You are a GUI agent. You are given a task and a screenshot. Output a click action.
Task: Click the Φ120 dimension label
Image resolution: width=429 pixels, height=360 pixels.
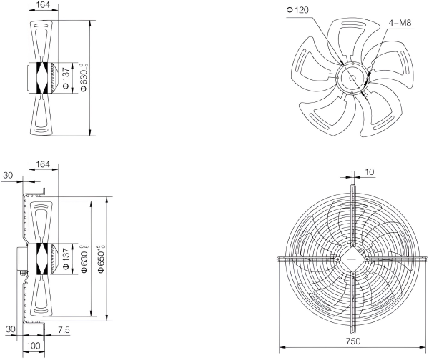(297, 10)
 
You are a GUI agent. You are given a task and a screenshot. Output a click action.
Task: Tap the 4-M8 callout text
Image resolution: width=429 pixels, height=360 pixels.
(400, 23)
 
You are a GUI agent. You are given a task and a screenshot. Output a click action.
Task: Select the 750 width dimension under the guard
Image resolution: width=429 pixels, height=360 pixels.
(353, 341)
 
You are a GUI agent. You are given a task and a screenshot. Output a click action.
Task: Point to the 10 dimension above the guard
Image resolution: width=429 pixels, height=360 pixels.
(370, 172)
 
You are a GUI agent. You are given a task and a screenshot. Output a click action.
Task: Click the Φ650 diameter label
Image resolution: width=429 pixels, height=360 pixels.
(102, 259)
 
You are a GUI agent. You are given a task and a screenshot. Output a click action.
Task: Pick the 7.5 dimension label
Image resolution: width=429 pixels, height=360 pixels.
(64, 330)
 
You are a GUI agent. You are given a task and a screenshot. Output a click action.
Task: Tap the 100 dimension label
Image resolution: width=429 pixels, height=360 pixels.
(34, 346)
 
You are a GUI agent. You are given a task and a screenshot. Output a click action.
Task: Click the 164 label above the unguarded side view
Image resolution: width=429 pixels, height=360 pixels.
(43, 5)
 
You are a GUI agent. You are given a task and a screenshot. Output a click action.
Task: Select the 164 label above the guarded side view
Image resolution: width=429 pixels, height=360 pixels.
(43, 164)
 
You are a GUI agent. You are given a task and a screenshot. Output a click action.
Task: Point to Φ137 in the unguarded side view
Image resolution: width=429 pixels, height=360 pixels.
(66, 79)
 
